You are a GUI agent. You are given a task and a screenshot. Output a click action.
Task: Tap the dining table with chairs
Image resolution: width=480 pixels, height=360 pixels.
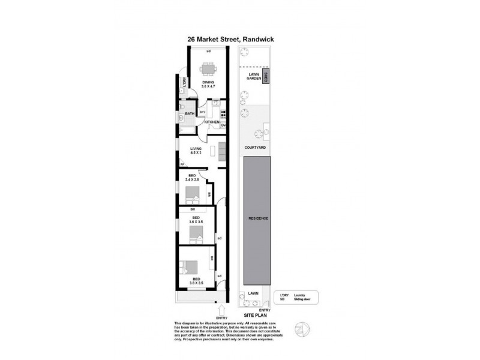(x=208, y=68)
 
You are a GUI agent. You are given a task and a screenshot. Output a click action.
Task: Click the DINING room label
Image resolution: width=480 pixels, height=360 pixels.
(x=208, y=82)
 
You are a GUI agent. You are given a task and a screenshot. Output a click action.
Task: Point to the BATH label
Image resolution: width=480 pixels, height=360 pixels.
(x=189, y=113)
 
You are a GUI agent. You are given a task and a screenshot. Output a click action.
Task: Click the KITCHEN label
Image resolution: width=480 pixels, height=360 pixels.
(x=212, y=122)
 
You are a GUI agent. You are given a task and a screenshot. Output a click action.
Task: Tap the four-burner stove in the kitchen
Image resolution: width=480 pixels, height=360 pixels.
(x=223, y=114)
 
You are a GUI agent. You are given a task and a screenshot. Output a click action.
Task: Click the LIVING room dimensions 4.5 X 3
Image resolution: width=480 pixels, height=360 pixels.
(x=196, y=152)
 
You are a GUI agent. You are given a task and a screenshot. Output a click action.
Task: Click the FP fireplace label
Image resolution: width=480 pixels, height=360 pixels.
(x=182, y=164)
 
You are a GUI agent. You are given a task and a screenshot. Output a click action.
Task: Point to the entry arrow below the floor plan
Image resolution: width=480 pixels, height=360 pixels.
(x=222, y=310)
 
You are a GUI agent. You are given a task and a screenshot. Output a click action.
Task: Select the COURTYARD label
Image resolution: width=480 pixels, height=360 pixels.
(x=255, y=146)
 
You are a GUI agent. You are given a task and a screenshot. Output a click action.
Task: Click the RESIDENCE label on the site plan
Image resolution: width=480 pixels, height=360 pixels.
(x=259, y=218)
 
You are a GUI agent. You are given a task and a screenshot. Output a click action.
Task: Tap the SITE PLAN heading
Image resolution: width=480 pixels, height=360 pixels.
(x=255, y=314)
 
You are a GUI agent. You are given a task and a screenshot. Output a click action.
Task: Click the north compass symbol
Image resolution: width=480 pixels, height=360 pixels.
(x=301, y=328)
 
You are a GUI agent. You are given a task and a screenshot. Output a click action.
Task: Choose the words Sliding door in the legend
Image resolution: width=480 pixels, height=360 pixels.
(x=304, y=298)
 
